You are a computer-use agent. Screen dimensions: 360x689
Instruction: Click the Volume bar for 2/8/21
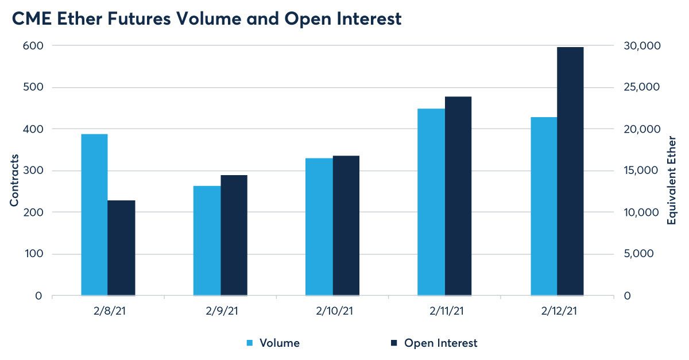(x=94, y=215)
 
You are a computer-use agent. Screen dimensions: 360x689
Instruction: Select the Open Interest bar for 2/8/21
(x=121, y=248)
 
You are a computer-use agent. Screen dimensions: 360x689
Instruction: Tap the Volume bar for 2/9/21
(x=207, y=241)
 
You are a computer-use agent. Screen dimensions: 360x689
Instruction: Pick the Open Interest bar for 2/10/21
(x=346, y=226)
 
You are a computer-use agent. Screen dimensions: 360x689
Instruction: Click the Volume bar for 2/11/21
(x=431, y=202)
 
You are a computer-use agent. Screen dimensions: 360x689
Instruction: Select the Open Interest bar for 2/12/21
(x=570, y=171)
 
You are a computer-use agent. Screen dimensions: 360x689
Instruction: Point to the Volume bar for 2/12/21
(x=544, y=206)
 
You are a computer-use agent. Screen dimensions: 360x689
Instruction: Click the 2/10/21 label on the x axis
(x=334, y=311)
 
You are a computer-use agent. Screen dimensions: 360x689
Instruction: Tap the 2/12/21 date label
(x=558, y=311)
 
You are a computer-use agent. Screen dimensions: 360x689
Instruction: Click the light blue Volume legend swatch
(x=250, y=343)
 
